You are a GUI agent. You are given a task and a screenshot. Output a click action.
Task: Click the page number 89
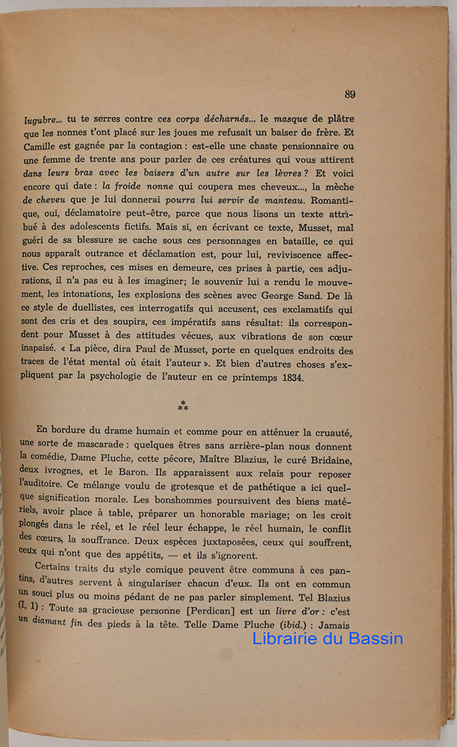(x=349, y=94)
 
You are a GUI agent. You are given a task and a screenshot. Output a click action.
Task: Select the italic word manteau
(x=285, y=200)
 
